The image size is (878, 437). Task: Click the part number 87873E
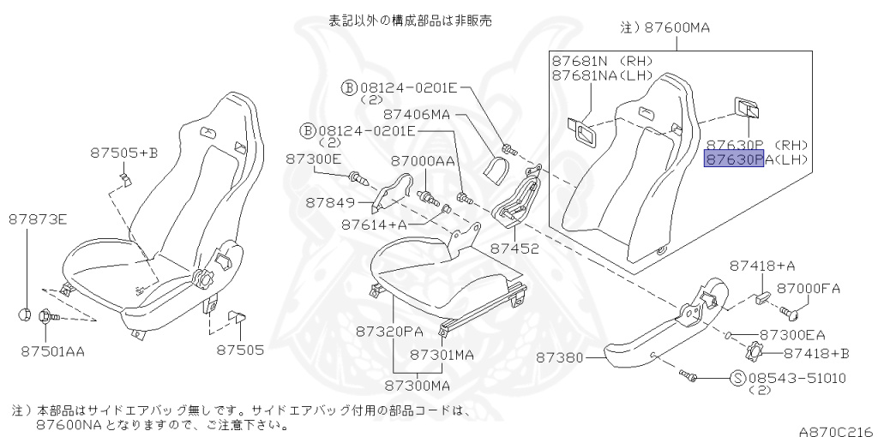point(38,219)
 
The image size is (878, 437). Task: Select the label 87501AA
point(52,351)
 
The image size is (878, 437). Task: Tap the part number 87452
point(514,248)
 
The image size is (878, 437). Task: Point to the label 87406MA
point(417,114)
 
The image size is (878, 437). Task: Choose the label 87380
point(560,357)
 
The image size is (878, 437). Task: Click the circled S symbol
point(738,378)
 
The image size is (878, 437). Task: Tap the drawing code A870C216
point(837,431)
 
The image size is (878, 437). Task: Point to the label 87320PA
point(389,332)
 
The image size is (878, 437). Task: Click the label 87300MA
point(418,385)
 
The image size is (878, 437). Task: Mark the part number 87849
point(329,202)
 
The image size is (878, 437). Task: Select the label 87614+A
point(374,224)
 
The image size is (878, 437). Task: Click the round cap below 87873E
point(25,314)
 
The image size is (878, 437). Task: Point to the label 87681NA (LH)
point(603,75)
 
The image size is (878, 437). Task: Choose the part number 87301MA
point(442,355)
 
